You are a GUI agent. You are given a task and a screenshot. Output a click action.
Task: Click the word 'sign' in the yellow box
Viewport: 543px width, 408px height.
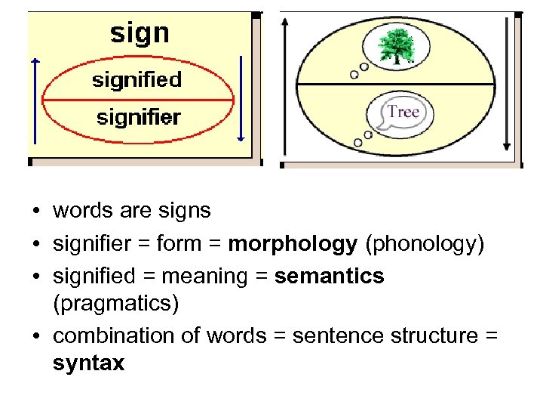[x=140, y=33]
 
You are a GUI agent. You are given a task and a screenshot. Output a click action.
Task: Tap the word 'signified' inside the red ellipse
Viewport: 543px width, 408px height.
[x=137, y=79]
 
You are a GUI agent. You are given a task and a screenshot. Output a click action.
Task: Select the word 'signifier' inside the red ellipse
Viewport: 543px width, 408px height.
[x=138, y=117]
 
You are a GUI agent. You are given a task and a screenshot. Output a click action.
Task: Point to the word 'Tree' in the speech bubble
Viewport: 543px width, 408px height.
[x=403, y=112]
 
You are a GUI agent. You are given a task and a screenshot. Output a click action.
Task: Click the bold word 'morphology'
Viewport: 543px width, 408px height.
[x=293, y=244]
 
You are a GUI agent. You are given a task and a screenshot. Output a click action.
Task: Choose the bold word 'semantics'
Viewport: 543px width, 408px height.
[x=330, y=277]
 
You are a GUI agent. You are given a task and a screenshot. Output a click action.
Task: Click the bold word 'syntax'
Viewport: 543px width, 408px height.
[x=88, y=363]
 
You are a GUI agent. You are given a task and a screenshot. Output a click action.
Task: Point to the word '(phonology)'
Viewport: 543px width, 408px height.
[x=424, y=244]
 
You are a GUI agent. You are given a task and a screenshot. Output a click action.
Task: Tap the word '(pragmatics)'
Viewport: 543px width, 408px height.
[x=116, y=304]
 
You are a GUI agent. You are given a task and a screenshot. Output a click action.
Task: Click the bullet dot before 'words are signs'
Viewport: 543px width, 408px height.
[x=35, y=212]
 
